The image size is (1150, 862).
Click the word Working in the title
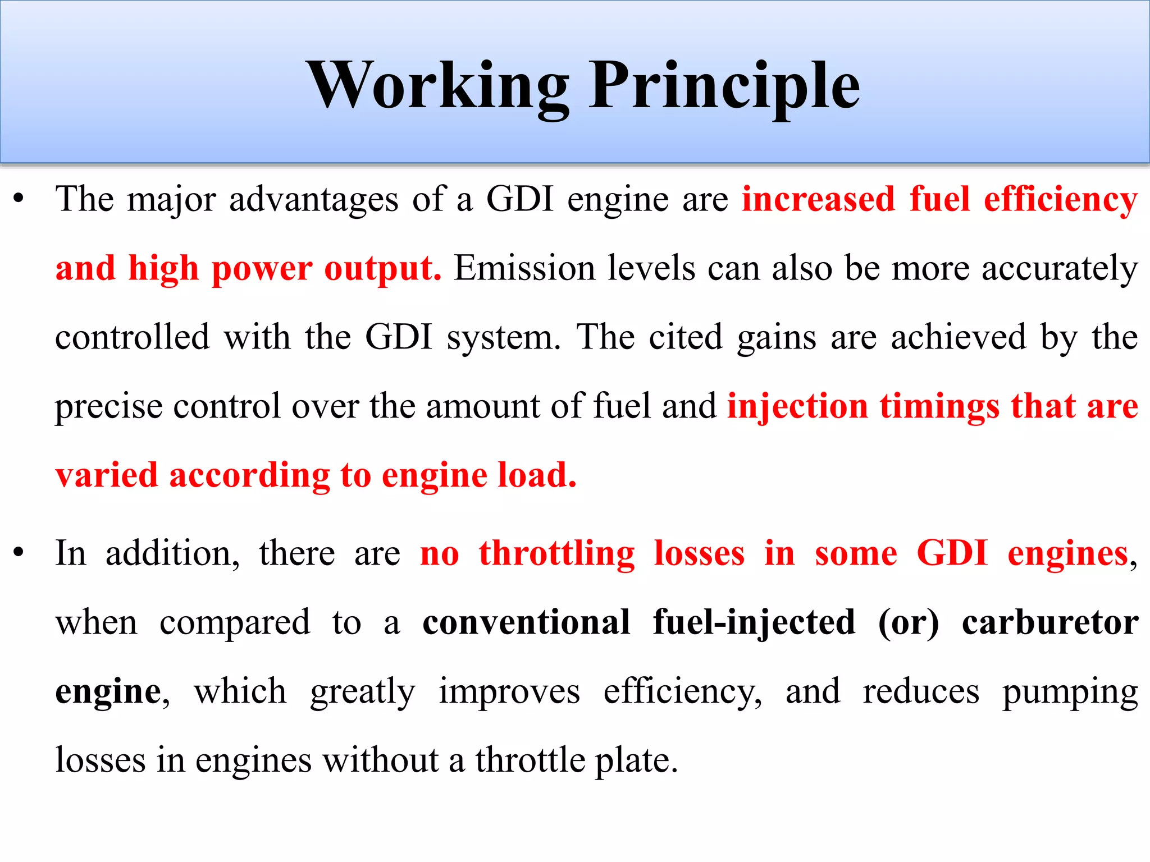438,85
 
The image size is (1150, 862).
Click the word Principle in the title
724,85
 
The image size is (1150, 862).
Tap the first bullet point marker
19,199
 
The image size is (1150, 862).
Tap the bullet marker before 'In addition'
19,553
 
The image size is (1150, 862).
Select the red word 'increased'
818,199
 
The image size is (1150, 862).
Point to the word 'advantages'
313,200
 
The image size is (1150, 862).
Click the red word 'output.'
382,268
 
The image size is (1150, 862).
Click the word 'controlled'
133,337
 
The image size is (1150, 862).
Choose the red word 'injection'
797,407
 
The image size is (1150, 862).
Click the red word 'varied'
107,475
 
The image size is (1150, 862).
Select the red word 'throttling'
556,553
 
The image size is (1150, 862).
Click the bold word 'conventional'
526,622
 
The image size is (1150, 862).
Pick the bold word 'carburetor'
1049,622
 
